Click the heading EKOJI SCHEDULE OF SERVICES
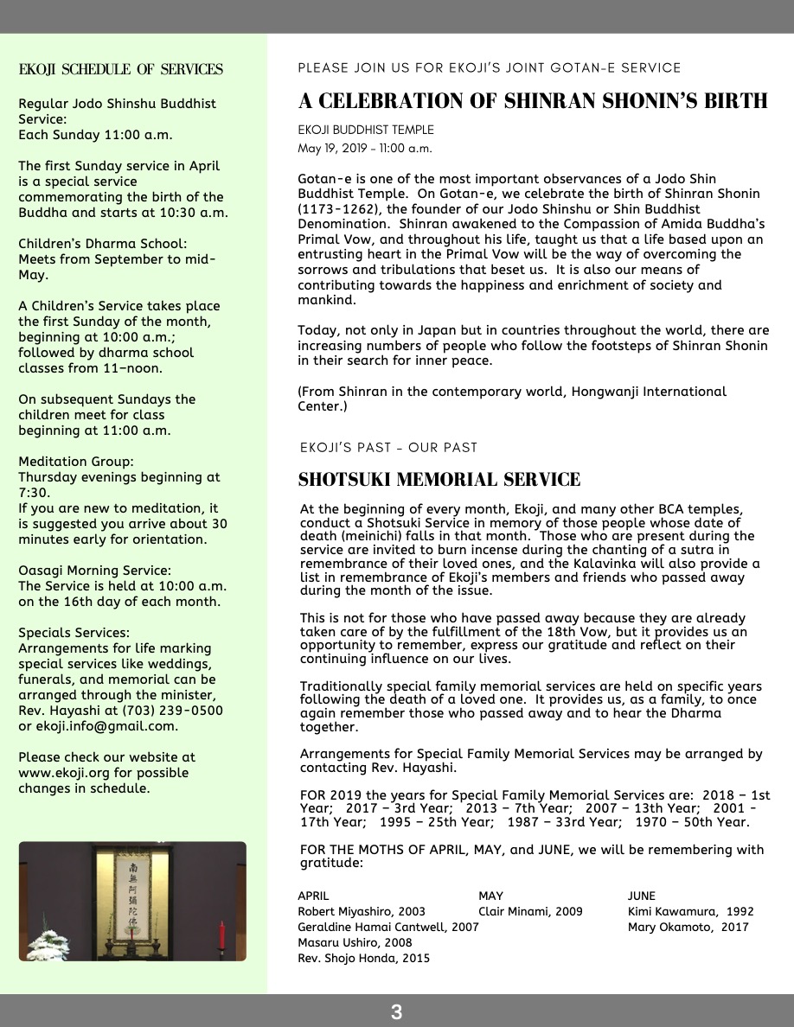click(x=121, y=70)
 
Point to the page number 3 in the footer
click(x=397, y=1011)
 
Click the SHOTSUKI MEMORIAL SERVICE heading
click(x=439, y=480)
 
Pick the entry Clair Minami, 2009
click(x=530, y=911)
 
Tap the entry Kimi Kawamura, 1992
click(x=690, y=911)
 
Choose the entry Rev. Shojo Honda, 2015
click(x=363, y=958)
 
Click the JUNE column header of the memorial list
click(x=642, y=896)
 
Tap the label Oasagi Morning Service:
click(x=95, y=571)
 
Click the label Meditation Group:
click(x=76, y=462)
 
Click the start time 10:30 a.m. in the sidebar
click(x=195, y=213)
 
